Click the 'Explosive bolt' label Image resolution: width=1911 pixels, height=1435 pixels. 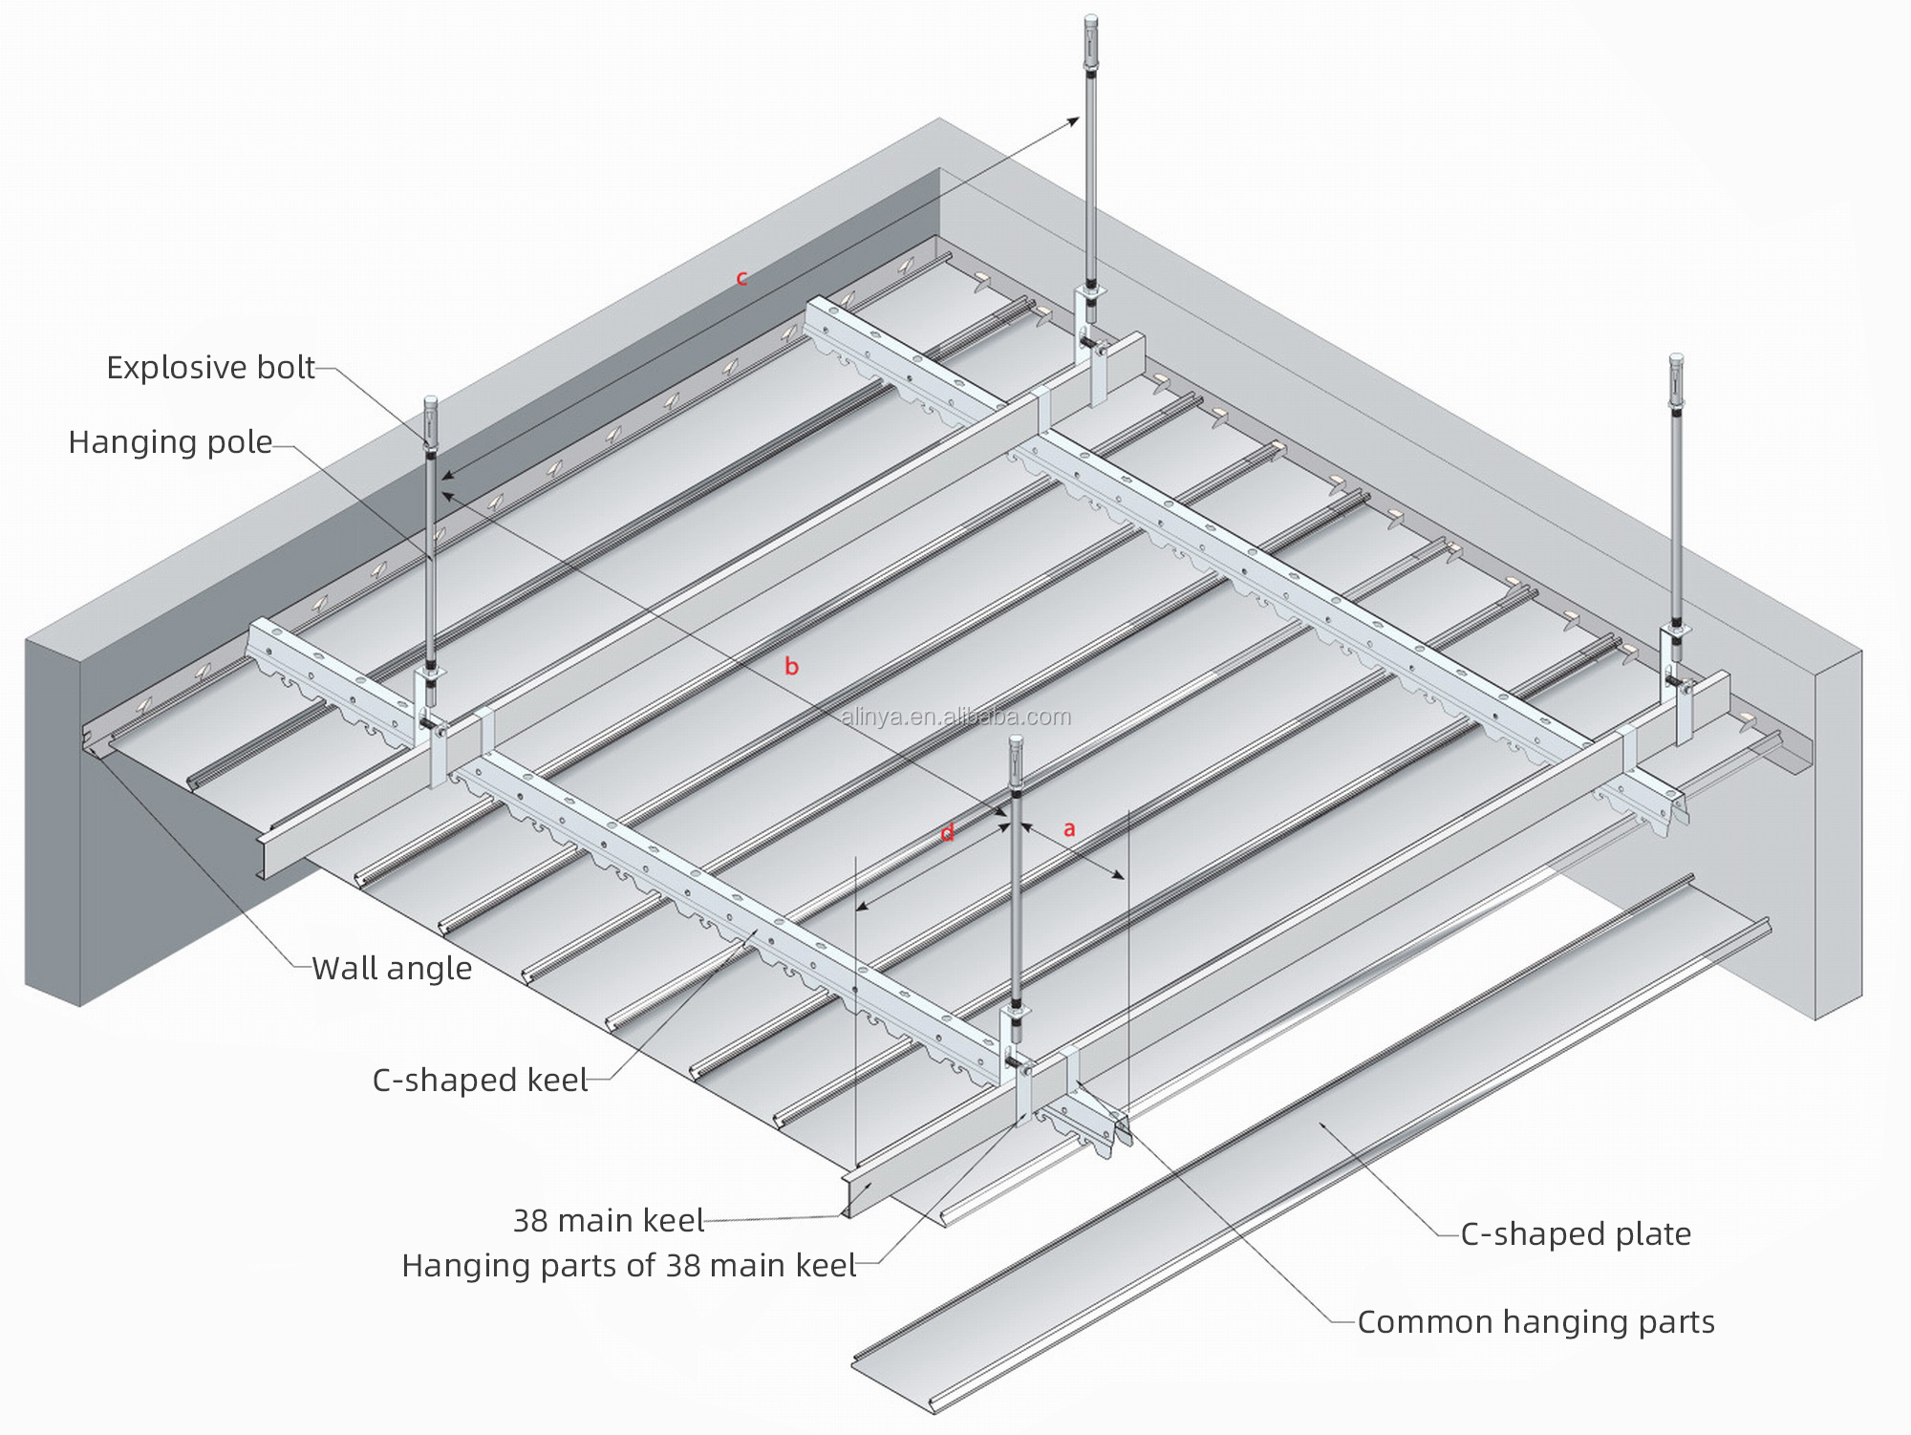[210, 368]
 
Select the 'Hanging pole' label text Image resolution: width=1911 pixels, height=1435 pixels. [170, 442]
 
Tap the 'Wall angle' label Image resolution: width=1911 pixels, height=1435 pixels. [392, 969]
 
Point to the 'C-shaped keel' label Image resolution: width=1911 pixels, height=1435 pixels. [480, 1081]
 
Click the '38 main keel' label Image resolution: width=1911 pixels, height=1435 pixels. [608, 1220]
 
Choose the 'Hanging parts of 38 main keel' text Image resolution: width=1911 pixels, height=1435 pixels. [629, 1266]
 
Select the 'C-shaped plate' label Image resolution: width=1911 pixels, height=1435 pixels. [1576, 1234]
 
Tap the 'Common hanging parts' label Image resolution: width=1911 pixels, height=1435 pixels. [1535, 1322]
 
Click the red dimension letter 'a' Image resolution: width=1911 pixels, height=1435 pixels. [1069, 829]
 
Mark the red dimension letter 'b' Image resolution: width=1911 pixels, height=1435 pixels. [791, 667]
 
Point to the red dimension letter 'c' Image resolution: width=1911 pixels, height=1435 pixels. [741, 279]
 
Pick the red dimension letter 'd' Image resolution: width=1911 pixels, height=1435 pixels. [947, 834]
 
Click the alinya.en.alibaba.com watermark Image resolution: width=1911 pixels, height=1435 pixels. [955, 717]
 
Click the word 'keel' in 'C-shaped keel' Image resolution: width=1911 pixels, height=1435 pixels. [557, 1081]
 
